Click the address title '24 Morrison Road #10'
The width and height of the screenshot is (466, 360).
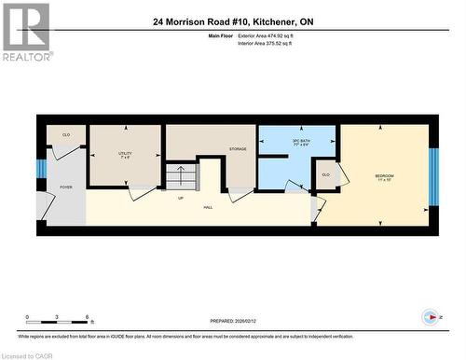(233, 21)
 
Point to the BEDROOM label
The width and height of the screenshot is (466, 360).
(384, 177)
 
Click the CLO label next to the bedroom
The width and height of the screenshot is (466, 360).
(325, 174)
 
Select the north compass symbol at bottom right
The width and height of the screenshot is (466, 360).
(428, 316)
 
